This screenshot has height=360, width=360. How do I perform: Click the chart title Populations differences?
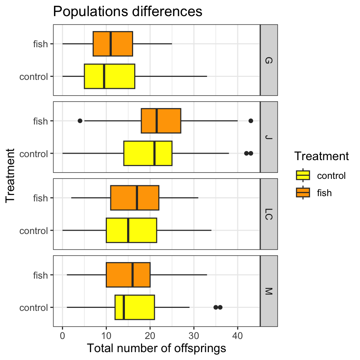(x=127, y=12)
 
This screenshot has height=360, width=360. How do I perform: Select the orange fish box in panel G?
(x=112, y=44)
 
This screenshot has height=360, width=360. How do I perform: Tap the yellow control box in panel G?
(x=109, y=76)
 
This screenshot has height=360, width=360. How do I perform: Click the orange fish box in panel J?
(x=161, y=121)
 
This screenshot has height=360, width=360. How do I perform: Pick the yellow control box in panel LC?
(x=131, y=230)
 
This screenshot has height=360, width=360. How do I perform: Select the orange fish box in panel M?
(x=128, y=275)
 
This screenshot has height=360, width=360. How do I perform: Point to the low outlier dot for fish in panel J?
(x=80, y=121)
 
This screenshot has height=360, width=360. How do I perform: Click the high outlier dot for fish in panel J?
(x=251, y=121)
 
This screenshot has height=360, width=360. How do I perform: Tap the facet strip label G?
(x=269, y=60)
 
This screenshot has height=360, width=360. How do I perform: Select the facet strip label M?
(x=269, y=291)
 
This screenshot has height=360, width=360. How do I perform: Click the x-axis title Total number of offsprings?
(x=156, y=348)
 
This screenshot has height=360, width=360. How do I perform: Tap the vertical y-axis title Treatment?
(x=11, y=175)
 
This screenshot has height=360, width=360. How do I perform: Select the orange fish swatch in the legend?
(x=303, y=193)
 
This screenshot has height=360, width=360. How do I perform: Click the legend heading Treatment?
(x=322, y=156)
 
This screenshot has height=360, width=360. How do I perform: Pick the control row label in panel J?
(x=34, y=153)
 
